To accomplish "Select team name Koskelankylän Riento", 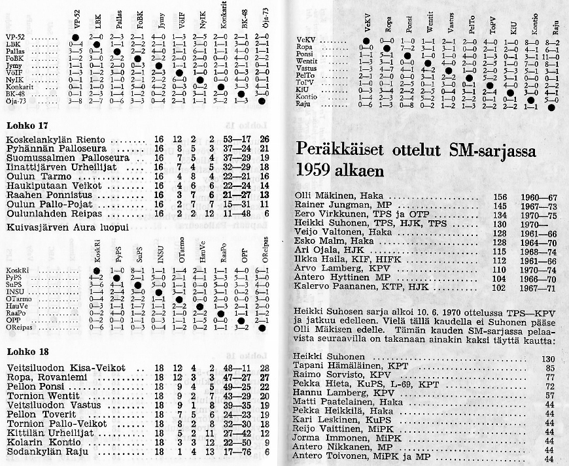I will pyautogui.click(x=54, y=139).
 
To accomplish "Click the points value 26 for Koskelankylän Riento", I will pyautogui.click(x=264, y=139).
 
